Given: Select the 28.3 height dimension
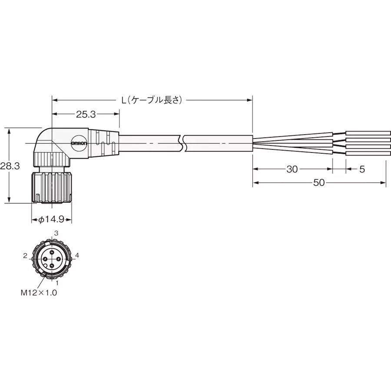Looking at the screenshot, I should pos(10,166).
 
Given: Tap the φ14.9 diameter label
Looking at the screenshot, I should pos(52,220).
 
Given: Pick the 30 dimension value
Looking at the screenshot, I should pos(292,169).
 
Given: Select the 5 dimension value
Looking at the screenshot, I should pos(362,169).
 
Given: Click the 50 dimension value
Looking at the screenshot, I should pos(319,183).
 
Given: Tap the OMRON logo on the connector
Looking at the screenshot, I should pos(80,143).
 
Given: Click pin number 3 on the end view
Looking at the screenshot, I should pos(56,234).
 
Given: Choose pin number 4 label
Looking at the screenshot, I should pos(77,255).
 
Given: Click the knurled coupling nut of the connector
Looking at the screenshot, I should pos(52,187).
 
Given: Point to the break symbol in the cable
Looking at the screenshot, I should pos(184,143).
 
